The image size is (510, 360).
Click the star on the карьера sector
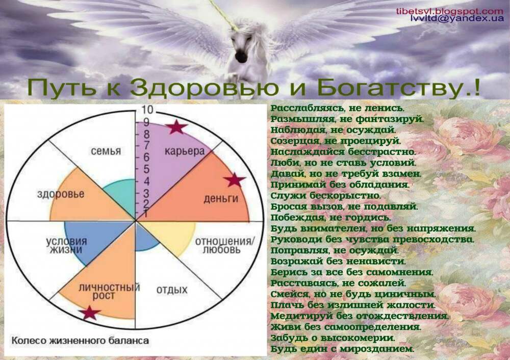tap(176, 127)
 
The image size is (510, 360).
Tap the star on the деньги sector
tap(235, 180)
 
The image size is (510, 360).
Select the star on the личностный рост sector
tap(89, 313)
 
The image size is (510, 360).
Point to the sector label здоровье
tap(61, 194)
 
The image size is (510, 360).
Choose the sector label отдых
tap(172, 290)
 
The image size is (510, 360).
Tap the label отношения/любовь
tap(225, 246)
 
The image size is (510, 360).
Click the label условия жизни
tap(66, 246)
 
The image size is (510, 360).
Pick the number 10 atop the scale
tap(147, 110)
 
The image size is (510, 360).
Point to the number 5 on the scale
tap(146, 169)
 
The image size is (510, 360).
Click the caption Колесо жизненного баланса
tap(80, 341)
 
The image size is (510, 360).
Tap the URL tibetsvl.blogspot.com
tap(450, 11)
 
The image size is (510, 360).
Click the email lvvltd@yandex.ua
tap(457, 18)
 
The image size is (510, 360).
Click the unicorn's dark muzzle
tap(241, 57)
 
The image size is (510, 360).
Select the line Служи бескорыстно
tap(325, 196)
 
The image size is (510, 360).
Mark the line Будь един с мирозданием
tap(343, 349)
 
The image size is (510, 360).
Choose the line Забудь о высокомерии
tap(333, 338)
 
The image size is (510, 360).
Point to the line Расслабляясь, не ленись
tap(338, 108)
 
